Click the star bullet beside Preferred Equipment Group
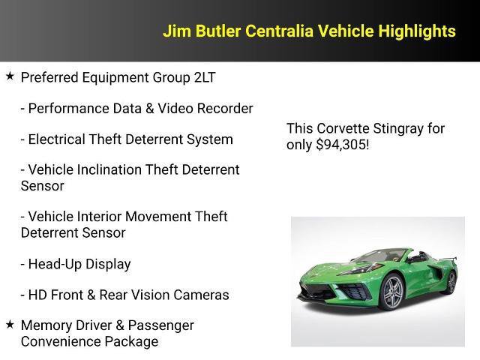(10, 76)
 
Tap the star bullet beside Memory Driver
(10, 324)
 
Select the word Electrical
(61, 139)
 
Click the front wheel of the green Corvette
(393, 293)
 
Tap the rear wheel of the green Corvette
(451, 281)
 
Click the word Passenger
(161, 325)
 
